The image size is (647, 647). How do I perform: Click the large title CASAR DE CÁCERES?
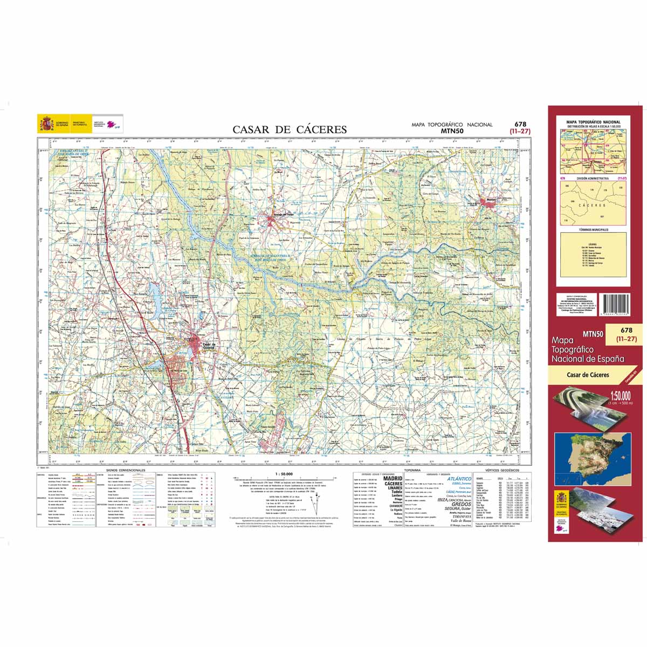tap(290, 129)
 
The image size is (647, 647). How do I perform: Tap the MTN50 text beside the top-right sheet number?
tap(452, 130)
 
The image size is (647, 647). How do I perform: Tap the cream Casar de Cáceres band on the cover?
tap(588, 375)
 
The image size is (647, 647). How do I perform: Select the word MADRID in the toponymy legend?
tap(393, 478)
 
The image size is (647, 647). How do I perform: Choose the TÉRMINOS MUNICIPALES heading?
tap(593, 230)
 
